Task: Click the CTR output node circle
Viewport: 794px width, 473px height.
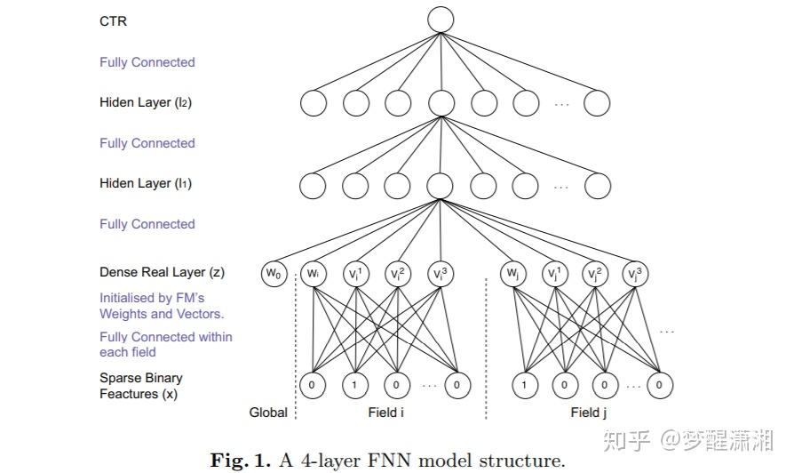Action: pyautogui.click(x=440, y=20)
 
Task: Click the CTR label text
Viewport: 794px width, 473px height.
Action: pyautogui.click(x=113, y=20)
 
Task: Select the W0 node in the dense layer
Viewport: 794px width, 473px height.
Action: pyautogui.click(x=273, y=274)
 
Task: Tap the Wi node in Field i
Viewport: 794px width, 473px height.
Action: pyautogui.click(x=314, y=274)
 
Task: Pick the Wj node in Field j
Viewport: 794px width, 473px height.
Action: pyautogui.click(x=512, y=274)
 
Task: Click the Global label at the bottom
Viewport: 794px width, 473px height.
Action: pyautogui.click(x=268, y=413)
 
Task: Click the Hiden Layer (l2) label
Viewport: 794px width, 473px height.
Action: pyautogui.click(x=146, y=102)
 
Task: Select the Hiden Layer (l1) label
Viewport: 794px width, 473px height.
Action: pyautogui.click(x=146, y=183)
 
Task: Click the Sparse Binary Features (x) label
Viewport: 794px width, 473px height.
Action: pyautogui.click(x=140, y=386)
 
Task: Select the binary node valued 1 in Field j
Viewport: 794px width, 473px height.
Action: pyautogui.click(x=525, y=385)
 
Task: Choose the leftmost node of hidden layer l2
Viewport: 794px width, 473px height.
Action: pyautogui.click(x=314, y=104)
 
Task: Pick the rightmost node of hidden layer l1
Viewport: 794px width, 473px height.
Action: pyautogui.click(x=597, y=186)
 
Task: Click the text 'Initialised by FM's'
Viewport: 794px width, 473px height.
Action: pyautogui.click(x=152, y=298)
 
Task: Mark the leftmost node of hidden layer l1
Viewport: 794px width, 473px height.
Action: pyautogui.click(x=314, y=186)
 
